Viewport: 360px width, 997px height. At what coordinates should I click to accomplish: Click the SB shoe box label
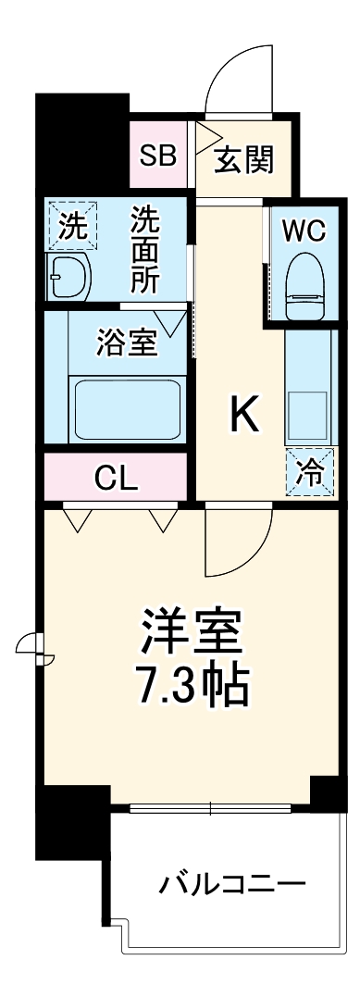157,155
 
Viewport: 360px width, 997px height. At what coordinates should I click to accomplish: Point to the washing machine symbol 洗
70,228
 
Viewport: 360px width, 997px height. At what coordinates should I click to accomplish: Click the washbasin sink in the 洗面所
68,276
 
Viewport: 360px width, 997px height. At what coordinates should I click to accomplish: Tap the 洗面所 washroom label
145,250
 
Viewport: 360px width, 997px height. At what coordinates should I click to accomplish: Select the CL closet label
117,479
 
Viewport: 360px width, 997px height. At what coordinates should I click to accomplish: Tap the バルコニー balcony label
231,885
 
